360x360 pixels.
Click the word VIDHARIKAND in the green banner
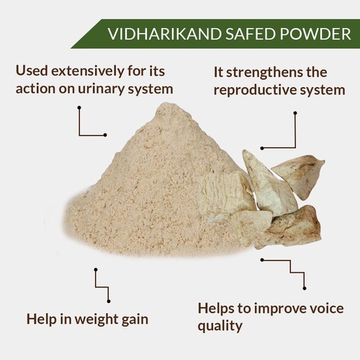164,34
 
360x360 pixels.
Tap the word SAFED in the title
250,34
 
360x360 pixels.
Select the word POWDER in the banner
315,34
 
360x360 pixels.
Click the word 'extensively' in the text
88,71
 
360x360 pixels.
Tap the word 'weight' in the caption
96,320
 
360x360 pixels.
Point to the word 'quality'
220,327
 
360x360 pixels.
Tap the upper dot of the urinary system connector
79,108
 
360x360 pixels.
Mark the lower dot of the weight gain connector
109,301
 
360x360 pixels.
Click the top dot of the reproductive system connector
295,113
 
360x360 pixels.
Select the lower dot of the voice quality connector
305,288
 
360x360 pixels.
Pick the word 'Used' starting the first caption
31,71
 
